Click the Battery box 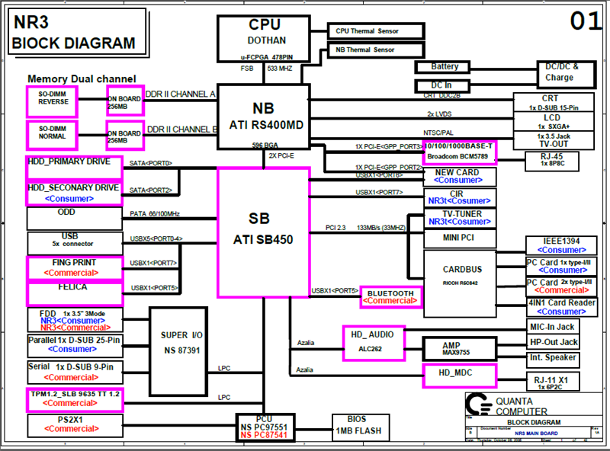tap(445, 68)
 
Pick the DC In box tap(441, 85)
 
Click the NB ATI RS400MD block tap(263, 116)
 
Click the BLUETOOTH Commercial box tap(390, 296)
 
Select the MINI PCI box tap(461, 238)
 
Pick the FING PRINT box tap(75, 267)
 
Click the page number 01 tap(585, 21)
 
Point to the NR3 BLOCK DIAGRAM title tap(75, 34)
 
